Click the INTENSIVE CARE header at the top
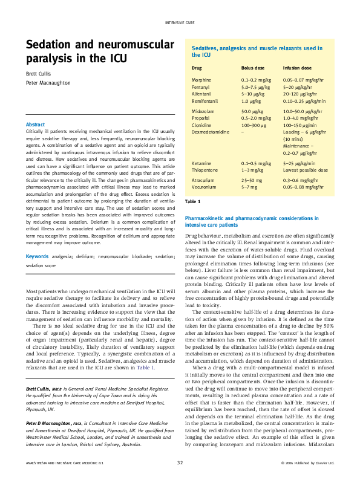click(x=180, y=22)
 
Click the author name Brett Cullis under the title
click(x=38, y=74)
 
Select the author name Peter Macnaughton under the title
click(x=47, y=84)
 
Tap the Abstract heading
click(x=36, y=125)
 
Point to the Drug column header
click(x=197, y=68)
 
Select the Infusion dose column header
click(x=297, y=68)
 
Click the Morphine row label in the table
click(x=201, y=80)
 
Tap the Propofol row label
click(x=201, y=118)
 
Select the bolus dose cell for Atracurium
click(x=252, y=180)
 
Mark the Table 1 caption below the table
click(x=192, y=201)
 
